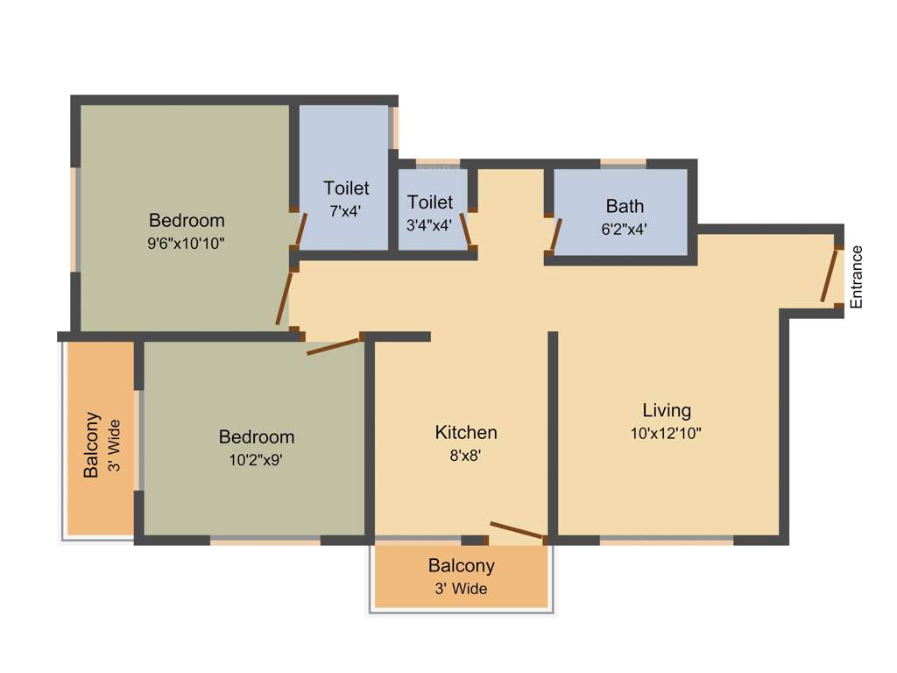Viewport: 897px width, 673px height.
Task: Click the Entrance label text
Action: pyautogui.click(x=857, y=277)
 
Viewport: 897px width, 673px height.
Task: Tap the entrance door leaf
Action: pyautogui.click(x=829, y=275)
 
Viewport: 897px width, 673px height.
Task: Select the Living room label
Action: pyautogui.click(x=667, y=410)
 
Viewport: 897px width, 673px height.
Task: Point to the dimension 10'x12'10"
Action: pyautogui.click(x=667, y=433)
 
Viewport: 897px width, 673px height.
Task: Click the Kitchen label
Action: pyautogui.click(x=466, y=432)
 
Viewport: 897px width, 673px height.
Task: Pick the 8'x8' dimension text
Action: pyautogui.click(x=466, y=455)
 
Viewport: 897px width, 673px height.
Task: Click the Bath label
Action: pyautogui.click(x=625, y=207)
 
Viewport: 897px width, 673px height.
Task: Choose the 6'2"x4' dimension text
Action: pyautogui.click(x=625, y=229)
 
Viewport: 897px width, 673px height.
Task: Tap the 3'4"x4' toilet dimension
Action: pyautogui.click(x=430, y=225)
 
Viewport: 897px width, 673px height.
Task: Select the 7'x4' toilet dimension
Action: pyautogui.click(x=346, y=211)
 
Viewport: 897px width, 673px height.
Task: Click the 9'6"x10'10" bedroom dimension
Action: pyautogui.click(x=187, y=244)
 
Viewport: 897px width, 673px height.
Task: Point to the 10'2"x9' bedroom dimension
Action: pyautogui.click(x=257, y=459)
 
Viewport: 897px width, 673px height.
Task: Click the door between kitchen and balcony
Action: pyautogui.click(x=518, y=530)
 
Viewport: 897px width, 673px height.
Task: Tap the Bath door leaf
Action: pyautogui.click(x=554, y=234)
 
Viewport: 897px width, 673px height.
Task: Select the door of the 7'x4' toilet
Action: pyautogui.click(x=300, y=229)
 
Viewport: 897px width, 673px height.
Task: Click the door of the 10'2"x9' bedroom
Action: pyautogui.click(x=334, y=345)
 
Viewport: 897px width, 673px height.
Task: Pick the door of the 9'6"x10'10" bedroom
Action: pyautogui.click(x=283, y=299)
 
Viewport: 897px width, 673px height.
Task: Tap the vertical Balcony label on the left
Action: pyautogui.click(x=91, y=445)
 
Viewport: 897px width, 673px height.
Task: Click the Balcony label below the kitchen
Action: pyautogui.click(x=461, y=566)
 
